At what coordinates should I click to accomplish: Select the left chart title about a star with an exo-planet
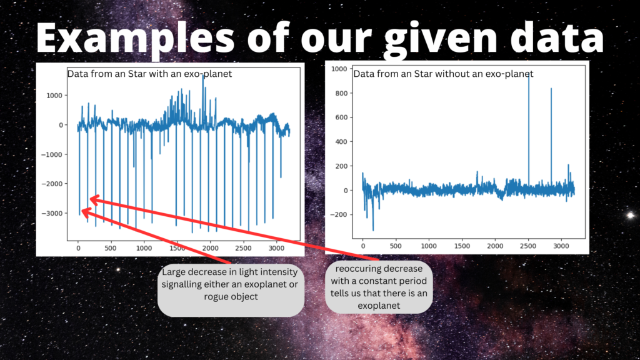coord(149,74)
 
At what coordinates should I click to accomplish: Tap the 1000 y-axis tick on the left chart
coord(54,95)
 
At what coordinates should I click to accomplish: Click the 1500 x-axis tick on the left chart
coord(177,248)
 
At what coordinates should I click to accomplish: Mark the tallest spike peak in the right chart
coord(529,72)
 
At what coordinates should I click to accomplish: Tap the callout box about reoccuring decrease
coord(379,286)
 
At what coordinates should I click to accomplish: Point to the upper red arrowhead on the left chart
coord(92,199)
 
